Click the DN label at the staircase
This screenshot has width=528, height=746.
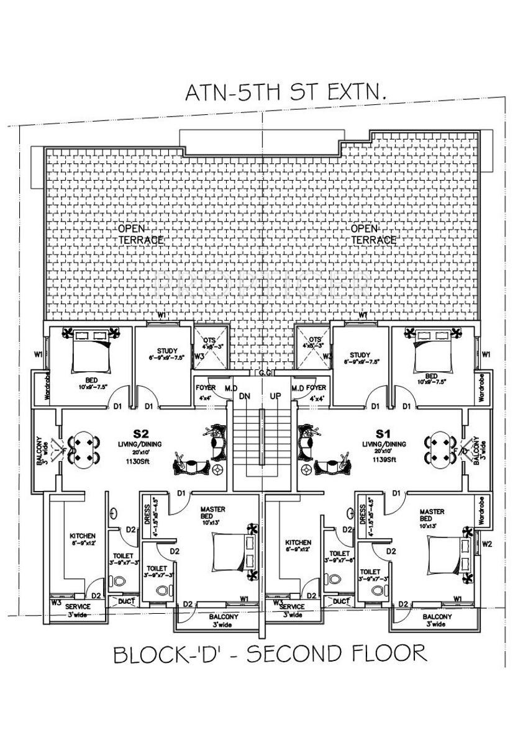pyautogui.click(x=244, y=396)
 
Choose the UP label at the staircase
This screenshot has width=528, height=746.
pyautogui.click(x=275, y=396)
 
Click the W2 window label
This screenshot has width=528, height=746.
pyautogui.click(x=487, y=545)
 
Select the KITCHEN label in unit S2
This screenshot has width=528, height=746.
pyautogui.click(x=82, y=536)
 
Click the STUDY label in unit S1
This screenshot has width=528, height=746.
pyautogui.click(x=360, y=356)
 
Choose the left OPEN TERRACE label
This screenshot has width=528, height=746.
pyautogui.click(x=140, y=235)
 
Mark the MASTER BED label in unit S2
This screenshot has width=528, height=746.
pyautogui.click(x=213, y=512)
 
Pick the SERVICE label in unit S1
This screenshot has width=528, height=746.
pyautogui.click(x=292, y=606)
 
